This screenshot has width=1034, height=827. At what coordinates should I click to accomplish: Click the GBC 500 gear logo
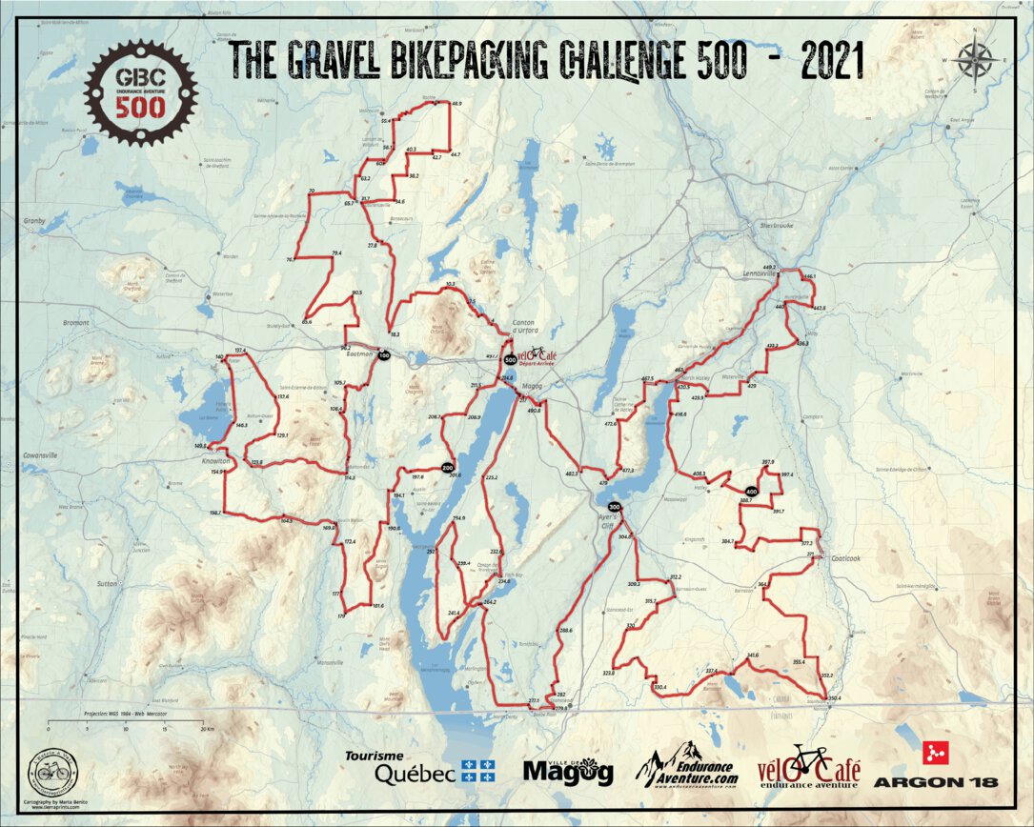tap(141, 91)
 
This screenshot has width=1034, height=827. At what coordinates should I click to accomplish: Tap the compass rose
tap(975, 60)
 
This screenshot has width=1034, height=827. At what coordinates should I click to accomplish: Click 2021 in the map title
tap(832, 61)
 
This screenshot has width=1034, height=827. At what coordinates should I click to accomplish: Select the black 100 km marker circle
tap(384, 355)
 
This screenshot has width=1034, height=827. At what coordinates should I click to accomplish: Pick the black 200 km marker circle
tap(447, 467)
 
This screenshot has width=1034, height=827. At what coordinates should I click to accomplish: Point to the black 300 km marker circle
tap(615, 507)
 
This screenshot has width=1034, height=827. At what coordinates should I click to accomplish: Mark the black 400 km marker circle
tap(752, 492)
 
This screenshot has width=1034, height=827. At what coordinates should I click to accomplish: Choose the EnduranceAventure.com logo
tap(689, 765)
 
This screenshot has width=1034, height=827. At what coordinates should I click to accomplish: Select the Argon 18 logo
tap(935, 768)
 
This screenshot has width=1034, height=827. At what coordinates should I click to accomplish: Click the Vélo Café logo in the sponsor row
tap(809, 768)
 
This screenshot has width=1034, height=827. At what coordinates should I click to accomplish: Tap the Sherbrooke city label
tap(776, 225)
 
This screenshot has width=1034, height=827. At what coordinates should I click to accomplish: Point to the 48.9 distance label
tap(456, 103)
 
